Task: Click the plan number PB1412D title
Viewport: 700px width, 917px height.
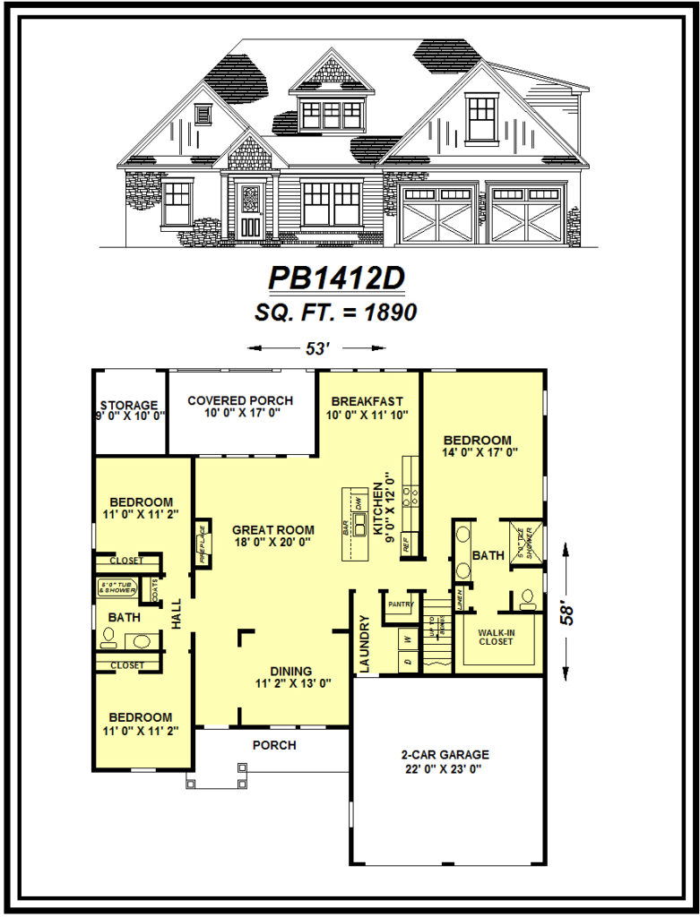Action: (336, 279)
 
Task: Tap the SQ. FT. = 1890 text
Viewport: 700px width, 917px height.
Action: (337, 313)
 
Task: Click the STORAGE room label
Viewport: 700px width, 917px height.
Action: (129, 405)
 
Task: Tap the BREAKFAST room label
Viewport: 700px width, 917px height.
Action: (367, 401)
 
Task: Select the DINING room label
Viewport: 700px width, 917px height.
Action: (290, 671)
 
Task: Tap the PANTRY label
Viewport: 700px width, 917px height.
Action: (399, 604)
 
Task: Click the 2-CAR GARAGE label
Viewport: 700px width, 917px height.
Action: (445, 755)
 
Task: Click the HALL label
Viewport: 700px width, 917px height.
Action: (176, 613)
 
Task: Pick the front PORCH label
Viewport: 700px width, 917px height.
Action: (273, 745)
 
